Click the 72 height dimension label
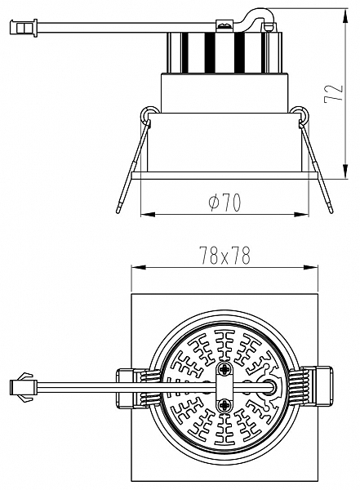point(334,93)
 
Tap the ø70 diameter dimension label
point(225,203)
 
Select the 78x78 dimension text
point(225,256)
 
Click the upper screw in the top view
point(225,370)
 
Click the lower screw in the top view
point(225,406)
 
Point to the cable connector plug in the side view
point(24,28)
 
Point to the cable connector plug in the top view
point(24,387)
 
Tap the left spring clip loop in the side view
point(149,114)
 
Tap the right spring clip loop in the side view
point(300,114)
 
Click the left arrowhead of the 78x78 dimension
point(139,267)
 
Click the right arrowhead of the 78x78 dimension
point(310,267)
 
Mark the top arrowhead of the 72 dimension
point(345,16)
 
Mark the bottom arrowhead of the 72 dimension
point(345,171)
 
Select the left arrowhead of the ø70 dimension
point(148,214)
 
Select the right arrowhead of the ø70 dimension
point(301,214)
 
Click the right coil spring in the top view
point(299,387)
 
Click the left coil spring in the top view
point(151,387)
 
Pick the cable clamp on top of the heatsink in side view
point(225,24)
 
